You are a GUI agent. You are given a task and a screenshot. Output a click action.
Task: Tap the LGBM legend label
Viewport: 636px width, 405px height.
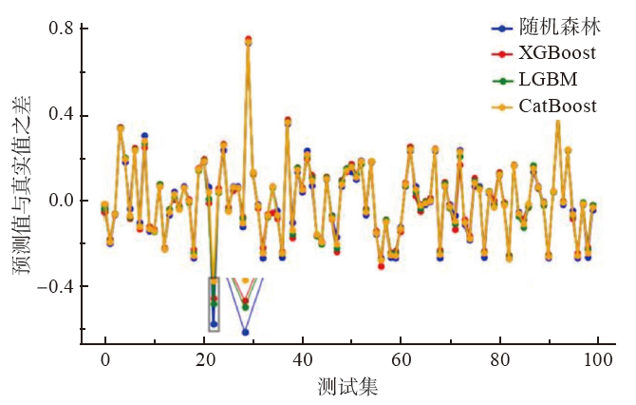(548, 78)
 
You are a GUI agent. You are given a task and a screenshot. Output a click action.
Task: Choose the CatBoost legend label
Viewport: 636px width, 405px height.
(558, 106)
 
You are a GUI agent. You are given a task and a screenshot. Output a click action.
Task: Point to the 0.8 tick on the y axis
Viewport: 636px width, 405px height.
(62, 29)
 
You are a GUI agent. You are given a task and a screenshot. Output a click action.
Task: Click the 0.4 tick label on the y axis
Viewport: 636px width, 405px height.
(62, 116)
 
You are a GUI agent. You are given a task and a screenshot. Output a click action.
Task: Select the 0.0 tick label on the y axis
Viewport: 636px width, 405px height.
(62, 201)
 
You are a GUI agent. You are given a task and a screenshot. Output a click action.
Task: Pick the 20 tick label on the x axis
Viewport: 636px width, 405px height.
(203, 359)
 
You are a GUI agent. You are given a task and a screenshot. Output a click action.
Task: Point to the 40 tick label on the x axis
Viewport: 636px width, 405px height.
(302, 359)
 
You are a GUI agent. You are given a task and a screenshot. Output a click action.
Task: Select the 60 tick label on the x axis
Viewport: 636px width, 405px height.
(401, 359)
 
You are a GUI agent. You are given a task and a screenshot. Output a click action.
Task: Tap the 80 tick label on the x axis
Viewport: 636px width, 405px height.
(499, 359)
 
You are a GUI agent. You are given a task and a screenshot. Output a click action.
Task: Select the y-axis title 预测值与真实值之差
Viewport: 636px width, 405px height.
(21, 190)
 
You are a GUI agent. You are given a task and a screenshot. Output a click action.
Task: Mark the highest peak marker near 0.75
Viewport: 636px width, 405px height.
(248, 40)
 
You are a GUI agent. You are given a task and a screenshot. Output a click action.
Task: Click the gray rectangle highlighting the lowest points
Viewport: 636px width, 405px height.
(214, 304)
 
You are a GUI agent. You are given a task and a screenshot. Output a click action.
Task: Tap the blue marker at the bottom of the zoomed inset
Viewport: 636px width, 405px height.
(245, 332)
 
